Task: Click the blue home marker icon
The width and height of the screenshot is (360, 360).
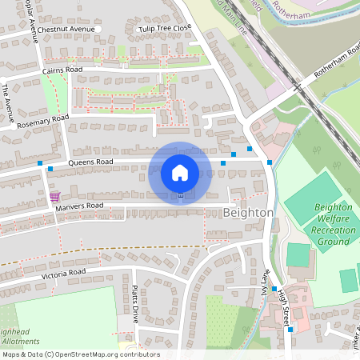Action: (x=180, y=172)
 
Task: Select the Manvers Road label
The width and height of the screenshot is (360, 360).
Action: (x=80, y=206)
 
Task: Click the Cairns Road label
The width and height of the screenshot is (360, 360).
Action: (x=62, y=70)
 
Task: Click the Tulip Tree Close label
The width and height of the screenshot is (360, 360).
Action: (x=165, y=28)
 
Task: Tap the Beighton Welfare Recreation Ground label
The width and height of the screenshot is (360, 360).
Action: (x=333, y=223)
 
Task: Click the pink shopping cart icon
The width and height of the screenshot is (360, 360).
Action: (x=54, y=196)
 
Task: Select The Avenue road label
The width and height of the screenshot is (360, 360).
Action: (x=8, y=99)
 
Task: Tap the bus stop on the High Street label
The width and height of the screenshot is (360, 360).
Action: (x=274, y=289)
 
